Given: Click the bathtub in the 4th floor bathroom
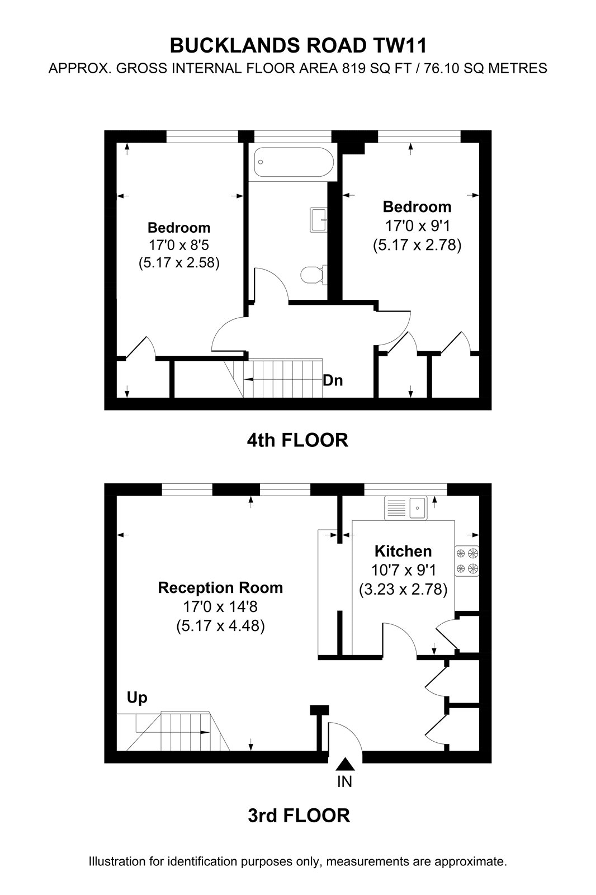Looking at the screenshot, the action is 294,162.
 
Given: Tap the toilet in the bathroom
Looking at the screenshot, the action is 314,275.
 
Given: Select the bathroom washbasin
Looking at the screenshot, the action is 319,219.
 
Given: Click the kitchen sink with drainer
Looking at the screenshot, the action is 405,508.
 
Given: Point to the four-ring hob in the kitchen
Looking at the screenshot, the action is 467,561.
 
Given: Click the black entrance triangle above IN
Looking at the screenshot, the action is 345,764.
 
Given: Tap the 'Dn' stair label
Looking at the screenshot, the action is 333,380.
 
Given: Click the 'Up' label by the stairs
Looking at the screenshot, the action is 137,698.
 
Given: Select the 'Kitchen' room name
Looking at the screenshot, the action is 403,552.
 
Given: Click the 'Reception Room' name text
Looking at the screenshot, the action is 220,588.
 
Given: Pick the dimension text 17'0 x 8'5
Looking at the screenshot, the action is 179,244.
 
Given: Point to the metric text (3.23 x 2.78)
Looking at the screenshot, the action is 403,590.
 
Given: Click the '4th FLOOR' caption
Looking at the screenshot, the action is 297,440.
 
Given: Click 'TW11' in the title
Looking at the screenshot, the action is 400,46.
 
